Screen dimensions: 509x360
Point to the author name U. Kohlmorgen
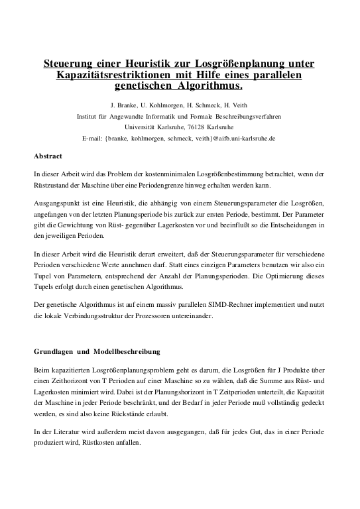(x=164, y=105)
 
